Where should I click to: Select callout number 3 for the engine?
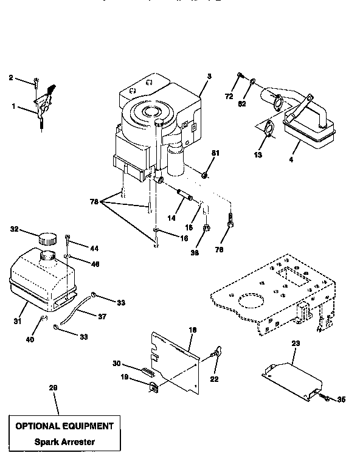[x=209, y=77]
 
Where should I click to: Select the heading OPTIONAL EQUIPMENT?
[x=64, y=426]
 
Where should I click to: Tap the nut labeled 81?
[x=204, y=176]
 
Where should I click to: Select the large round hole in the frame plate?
[x=249, y=302]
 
